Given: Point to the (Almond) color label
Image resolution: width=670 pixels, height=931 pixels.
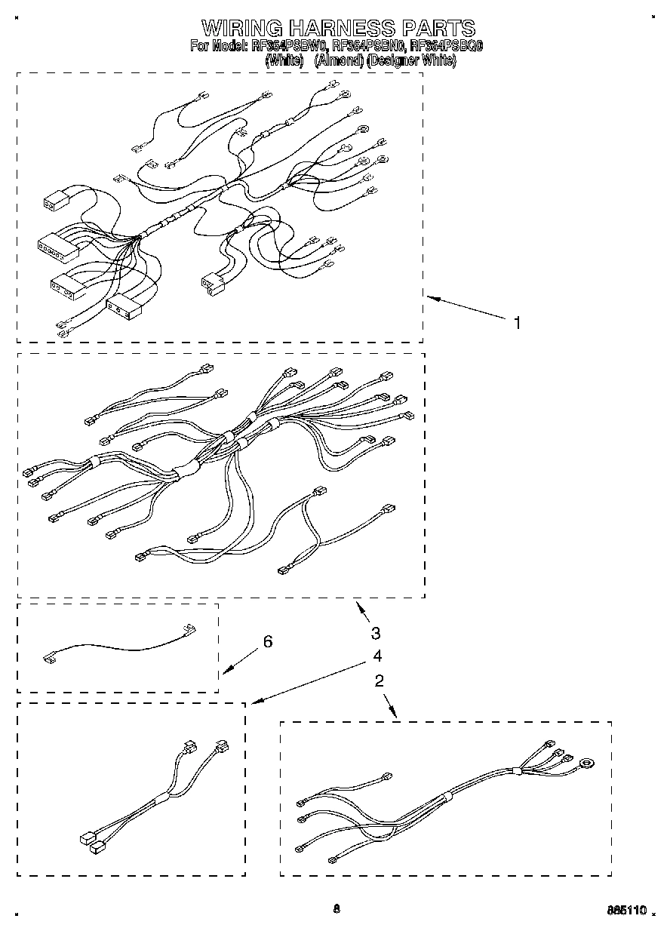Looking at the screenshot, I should click(x=340, y=60).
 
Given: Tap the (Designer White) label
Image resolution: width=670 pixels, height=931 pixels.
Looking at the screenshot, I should click(x=411, y=60).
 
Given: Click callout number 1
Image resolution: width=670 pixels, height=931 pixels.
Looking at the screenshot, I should click(x=517, y=323).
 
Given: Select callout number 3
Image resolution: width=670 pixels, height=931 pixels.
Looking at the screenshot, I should click(x=376, y=633).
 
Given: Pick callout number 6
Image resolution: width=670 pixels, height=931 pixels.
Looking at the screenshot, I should click(x=267, y=641).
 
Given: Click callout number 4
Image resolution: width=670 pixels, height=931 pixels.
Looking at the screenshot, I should click(x=376, y=656).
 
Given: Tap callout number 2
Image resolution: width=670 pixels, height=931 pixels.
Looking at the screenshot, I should click(x=379, y=681).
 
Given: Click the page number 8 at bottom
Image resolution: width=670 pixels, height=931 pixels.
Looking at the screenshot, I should click(x=337, y=909).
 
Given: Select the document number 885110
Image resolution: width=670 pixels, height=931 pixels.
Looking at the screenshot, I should click(x=628, y=911).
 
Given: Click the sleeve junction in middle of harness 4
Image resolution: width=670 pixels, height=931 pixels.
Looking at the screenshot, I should click(x=162, y=798).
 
